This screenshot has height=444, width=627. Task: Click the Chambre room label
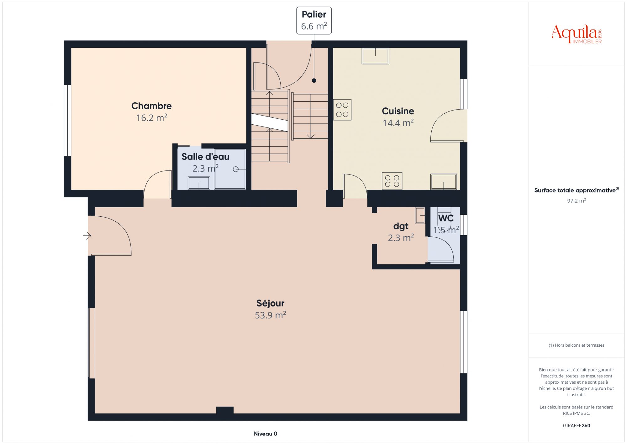pos(151,106)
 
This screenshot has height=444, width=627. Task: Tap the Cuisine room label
pos(398,111)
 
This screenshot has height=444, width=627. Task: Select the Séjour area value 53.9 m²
pos(270,315)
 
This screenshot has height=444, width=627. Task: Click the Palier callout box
pos(314,21)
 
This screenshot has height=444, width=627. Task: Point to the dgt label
pos(401,226)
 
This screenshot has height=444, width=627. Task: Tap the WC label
pos(446,218)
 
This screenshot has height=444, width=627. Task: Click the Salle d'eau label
pos(205,157)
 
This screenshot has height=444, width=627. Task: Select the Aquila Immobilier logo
pos(577,34)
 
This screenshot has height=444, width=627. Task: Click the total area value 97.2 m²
pos(576,201)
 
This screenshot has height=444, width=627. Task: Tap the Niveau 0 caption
pos(266,434)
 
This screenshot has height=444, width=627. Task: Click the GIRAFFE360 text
pos(576,426)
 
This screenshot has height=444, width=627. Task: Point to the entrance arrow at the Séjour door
pos(87,236)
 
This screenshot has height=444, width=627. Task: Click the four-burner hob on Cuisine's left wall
pos(342,110)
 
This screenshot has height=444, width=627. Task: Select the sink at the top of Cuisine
pos(375,56)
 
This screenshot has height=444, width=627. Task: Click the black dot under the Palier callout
pos(314,81)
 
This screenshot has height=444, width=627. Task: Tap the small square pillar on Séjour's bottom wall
pos(225,410)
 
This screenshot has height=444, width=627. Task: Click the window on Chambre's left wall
pos(67,121)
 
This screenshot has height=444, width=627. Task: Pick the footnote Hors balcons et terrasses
pos(576,345)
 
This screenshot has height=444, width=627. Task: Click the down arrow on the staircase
pos(311,116)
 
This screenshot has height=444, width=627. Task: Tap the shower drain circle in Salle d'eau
pos(236,169)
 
